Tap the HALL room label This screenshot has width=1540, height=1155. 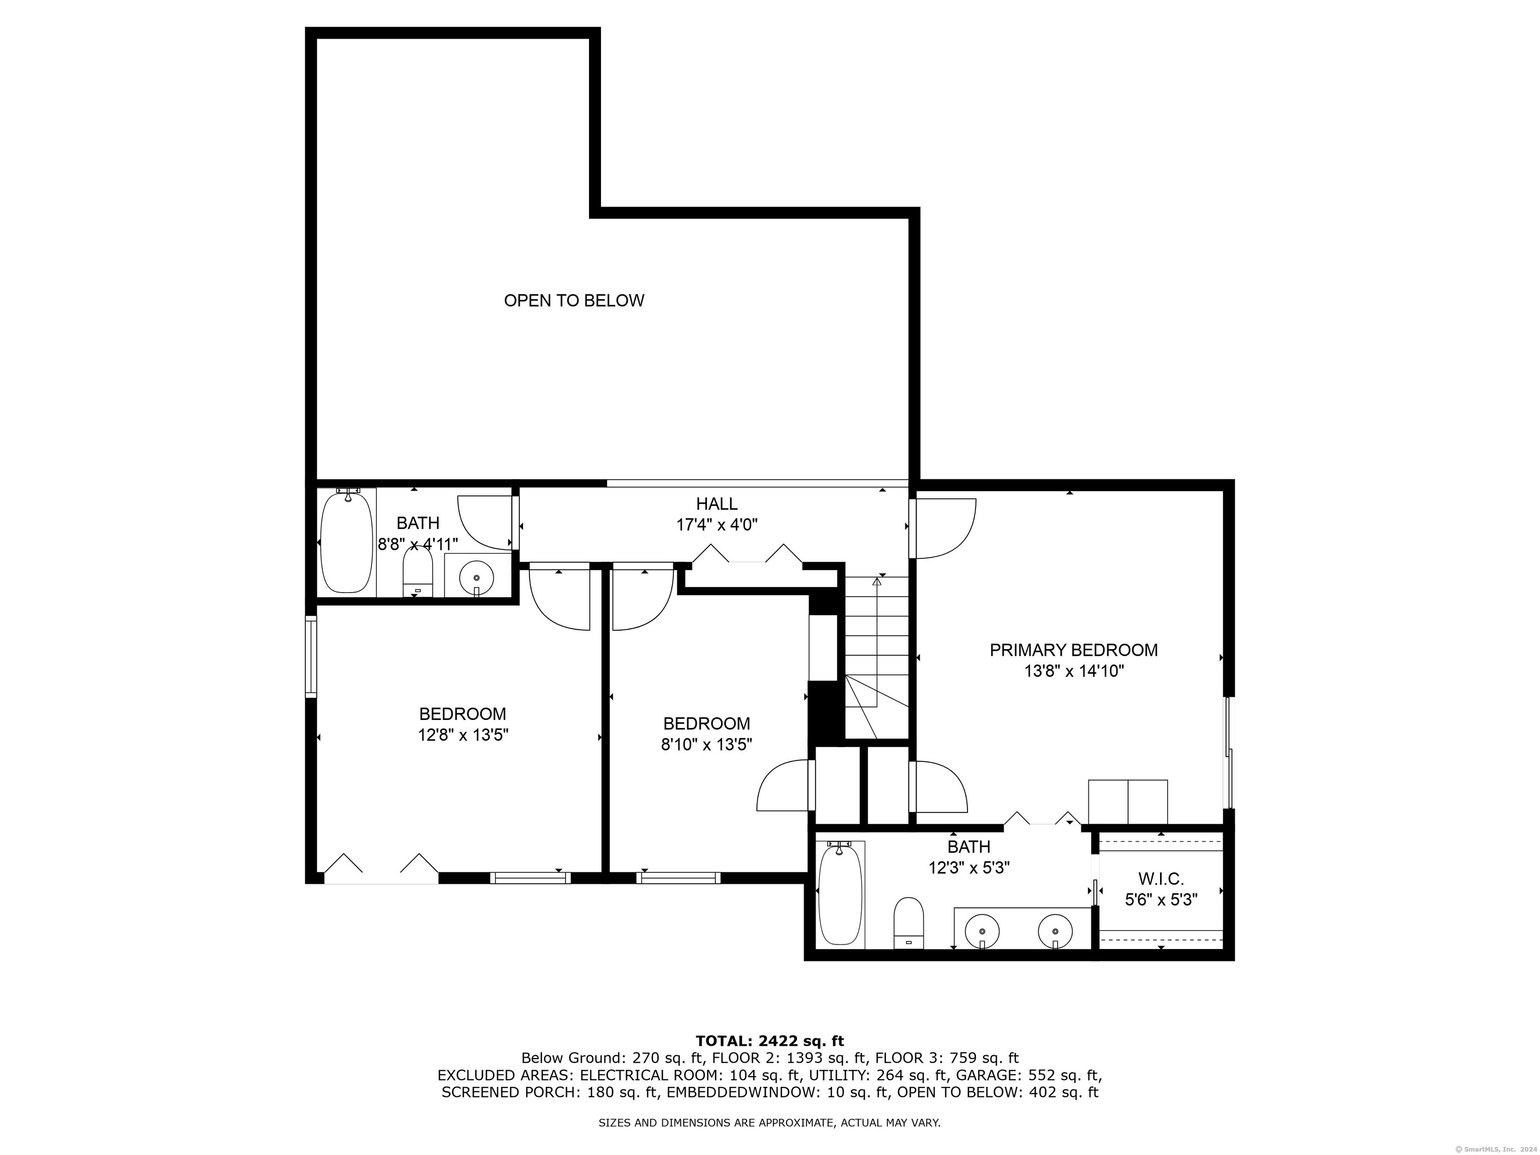pyautogui.click(x=716, y=503)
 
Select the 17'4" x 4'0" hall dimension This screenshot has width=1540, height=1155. pyautogui.click(x=716, y=525)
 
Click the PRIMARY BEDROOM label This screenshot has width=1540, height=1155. pyautogui.click(x=1074, y=650)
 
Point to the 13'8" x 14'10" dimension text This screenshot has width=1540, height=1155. pyautogui.click(x=1074, y=671)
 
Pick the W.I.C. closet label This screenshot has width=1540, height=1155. pyautogui.click(x=1161, y=879)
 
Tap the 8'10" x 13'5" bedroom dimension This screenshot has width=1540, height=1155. pyautogui.click(x=707, y=745)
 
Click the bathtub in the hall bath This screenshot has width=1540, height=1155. pyautogui.click(x=346, y=541)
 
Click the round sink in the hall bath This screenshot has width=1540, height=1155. pyautogui.click(x=476, y=577)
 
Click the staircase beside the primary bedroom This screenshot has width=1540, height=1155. pyautogui.click(x=877, y=657)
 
